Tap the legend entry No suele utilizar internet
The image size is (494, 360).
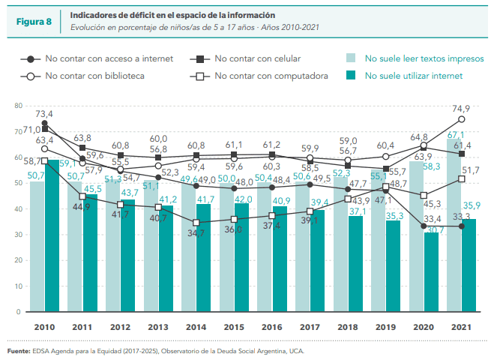pyautogui.click(x=413, y=75)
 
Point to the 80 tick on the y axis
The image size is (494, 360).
pyautogui.click(x=18, y=106)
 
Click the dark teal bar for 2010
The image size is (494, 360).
pyautogui.click(x=52, y=235)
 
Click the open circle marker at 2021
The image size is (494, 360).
pyautogui.click(x=462, y=119)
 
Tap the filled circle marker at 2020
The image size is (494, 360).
pyautogui.click(x=424, y=226)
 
